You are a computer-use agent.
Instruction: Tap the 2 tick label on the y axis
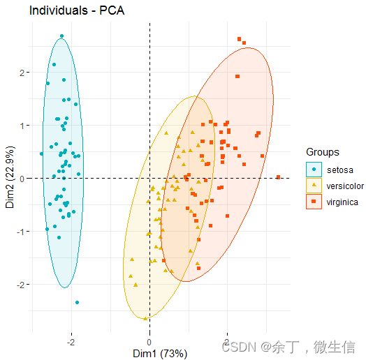pos(22,73)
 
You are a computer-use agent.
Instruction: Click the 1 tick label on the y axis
pos(22,126)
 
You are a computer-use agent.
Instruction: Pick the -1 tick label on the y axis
pos(21,232)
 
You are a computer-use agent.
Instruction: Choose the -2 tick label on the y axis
pos(21,285)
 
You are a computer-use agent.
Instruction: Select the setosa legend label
pos(340,169)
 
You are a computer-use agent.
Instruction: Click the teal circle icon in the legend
pos(314,169)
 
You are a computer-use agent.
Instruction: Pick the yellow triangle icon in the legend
pos(314,185)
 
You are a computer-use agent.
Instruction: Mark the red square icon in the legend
pos(314,202)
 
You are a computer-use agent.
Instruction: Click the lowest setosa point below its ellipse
pos(77,302)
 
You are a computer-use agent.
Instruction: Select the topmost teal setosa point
pos(61,36)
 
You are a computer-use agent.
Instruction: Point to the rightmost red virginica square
pos(278,177)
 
